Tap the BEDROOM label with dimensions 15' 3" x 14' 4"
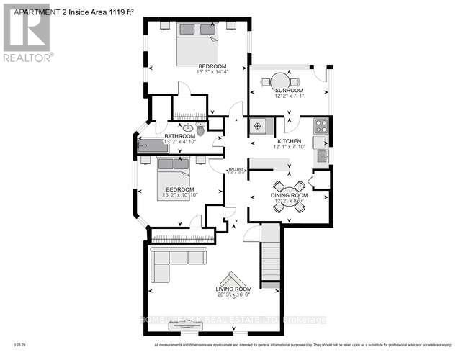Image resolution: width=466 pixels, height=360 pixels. (x=197, y=63)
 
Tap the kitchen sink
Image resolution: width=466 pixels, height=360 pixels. (x=321, y=156)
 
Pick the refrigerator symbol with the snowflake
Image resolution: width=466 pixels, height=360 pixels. (x=258, y=127)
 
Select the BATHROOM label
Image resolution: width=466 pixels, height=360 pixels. (x=179, y=136)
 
